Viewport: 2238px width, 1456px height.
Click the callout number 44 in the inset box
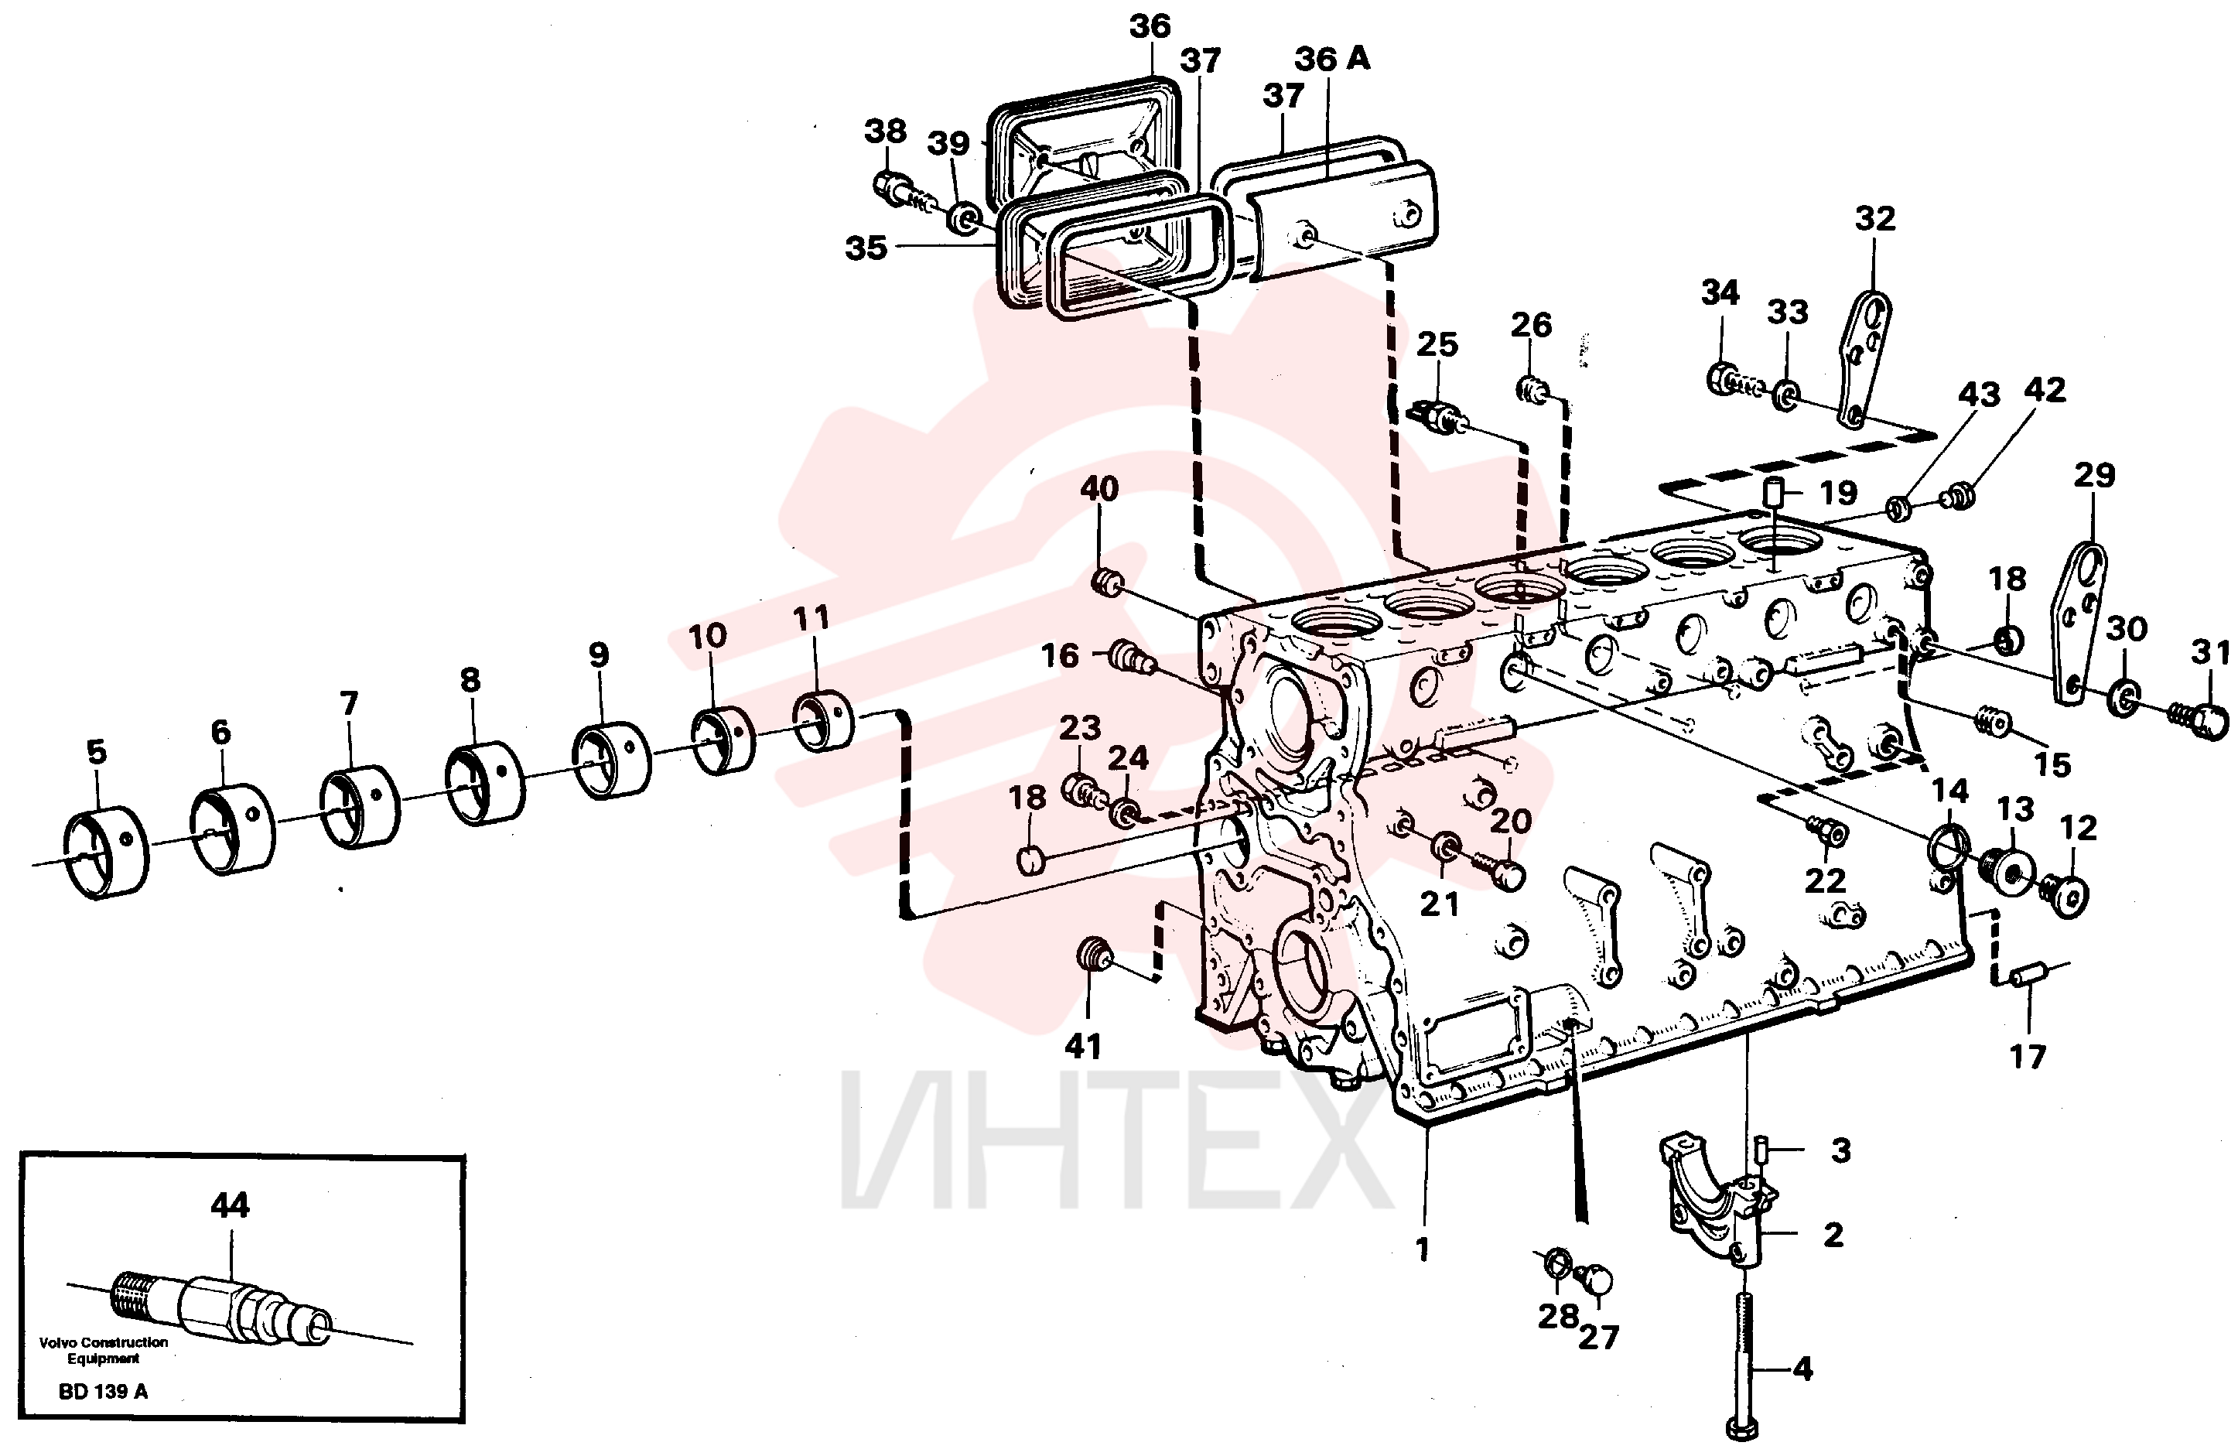point(230,1205)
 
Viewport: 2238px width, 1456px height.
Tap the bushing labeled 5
point(105,853)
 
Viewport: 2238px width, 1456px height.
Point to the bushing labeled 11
point(823,721)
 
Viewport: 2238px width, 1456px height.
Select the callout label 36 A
point(1331,58)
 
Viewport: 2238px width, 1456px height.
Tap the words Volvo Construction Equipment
point(104,1351)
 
